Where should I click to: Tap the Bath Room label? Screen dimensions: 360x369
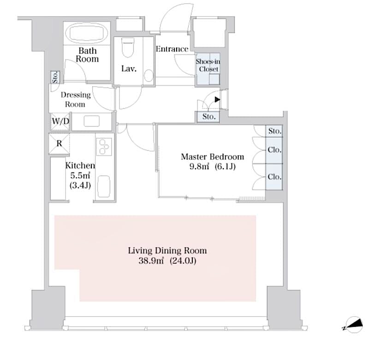coord(87,55)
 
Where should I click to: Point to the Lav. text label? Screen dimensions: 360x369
coord(128,69)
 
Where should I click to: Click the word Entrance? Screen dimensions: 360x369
coord(172,49)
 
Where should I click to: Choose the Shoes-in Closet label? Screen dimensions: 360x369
coord(207,65)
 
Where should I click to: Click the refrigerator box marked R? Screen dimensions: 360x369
coord(59,143)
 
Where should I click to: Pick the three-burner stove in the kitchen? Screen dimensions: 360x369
coord(103,147)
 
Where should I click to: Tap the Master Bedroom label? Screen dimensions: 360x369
coord(212,157)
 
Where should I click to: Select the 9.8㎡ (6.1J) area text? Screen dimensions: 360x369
coord(212,167)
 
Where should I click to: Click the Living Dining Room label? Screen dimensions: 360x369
coord(167,251)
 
